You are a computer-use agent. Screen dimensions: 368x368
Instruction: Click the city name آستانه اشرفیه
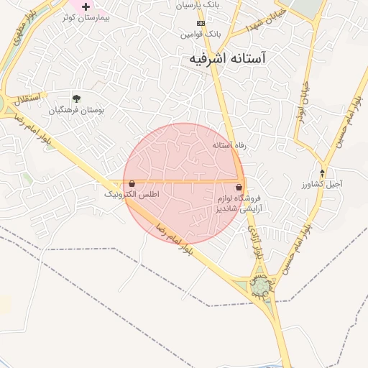225,59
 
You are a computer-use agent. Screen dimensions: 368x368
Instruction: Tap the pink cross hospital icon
86,6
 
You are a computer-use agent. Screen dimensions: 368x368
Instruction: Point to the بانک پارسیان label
196,5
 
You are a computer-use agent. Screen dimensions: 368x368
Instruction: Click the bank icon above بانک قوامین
201,23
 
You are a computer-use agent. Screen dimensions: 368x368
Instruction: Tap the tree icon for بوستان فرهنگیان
77,98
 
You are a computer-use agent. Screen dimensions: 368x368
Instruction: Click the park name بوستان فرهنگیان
77,111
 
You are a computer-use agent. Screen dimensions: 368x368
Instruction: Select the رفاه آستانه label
229,145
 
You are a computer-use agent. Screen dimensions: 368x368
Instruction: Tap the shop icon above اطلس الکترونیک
132,183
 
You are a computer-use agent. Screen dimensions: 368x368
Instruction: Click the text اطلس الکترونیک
132,194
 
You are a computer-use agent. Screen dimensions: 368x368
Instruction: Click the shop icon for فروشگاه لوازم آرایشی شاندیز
239,186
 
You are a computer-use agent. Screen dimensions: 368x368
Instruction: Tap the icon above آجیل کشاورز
323,173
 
